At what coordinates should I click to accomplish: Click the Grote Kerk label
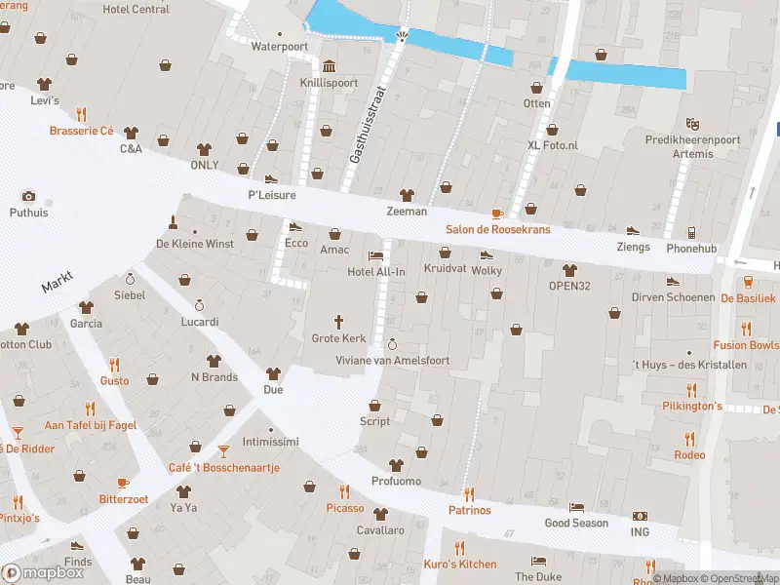tap(338, 338)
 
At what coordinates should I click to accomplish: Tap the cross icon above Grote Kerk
tap(339, 321)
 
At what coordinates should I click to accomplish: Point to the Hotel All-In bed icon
tap(375, 255)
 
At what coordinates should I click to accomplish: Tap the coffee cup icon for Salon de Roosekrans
tap(497, 214)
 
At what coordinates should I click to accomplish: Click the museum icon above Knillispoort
tap(329, 66)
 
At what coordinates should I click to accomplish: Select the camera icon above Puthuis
tap(28, 195)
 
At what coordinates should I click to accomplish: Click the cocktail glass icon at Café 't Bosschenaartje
tap(224, 450)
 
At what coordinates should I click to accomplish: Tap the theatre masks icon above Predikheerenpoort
tap(692, 124)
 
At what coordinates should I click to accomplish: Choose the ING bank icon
tap(640, 517)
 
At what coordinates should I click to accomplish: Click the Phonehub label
tap(691, 249)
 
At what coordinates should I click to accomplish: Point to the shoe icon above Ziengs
tap(633, 232)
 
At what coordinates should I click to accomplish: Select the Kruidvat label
tap(444, 267)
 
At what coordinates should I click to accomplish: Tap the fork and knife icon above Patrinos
tap(469, 493)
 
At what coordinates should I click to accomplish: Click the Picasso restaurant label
tap(344, 508)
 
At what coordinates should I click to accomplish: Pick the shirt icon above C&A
tap(132, 133)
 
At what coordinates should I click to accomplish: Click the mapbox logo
tap(43, 573)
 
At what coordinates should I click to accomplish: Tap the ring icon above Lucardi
tap(200, 304)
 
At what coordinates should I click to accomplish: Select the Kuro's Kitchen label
tap(459, 565)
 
